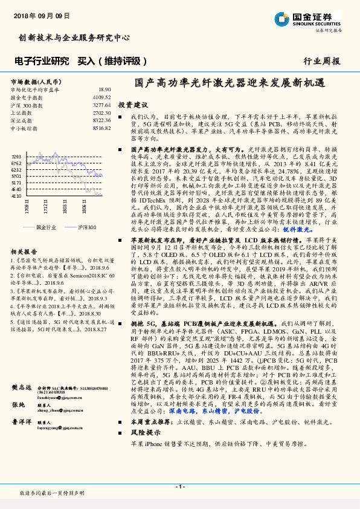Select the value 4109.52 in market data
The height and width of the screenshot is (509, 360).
101,97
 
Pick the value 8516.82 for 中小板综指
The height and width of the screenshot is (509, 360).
101,128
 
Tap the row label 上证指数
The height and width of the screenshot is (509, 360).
22,112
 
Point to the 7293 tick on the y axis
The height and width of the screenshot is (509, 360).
16,155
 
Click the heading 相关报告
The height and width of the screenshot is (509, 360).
24,251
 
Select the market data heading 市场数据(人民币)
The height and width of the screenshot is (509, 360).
35,80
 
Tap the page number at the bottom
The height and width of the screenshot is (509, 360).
180,486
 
